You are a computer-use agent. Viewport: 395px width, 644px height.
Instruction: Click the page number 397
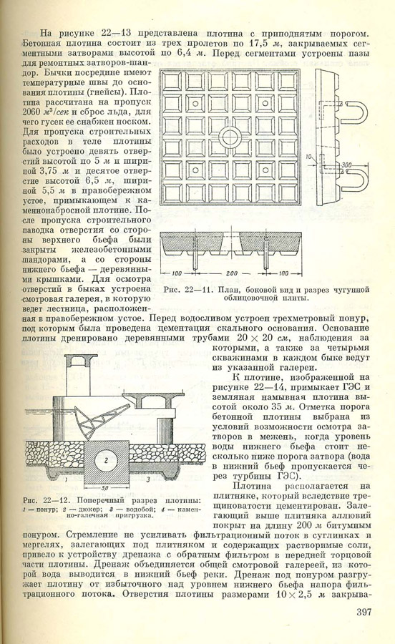coord(364,612)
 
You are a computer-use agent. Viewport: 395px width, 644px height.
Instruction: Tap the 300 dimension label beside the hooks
coord(347,165)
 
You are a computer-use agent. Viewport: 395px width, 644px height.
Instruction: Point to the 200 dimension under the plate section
coord(232,273)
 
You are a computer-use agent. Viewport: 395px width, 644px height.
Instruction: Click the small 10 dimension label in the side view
coord(310,157)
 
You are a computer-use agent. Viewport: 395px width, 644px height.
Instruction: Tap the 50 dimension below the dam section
coord(105,488)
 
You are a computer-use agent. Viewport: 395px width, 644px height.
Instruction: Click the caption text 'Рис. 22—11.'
coord(188,290)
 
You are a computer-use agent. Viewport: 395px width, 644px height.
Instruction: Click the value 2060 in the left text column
coord(31,112)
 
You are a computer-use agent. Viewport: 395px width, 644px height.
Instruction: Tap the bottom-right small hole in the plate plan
coord(265,170)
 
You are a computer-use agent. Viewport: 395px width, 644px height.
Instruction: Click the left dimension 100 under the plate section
coord(177,273)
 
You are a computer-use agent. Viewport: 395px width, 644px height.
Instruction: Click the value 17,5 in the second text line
coord(258,44)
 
